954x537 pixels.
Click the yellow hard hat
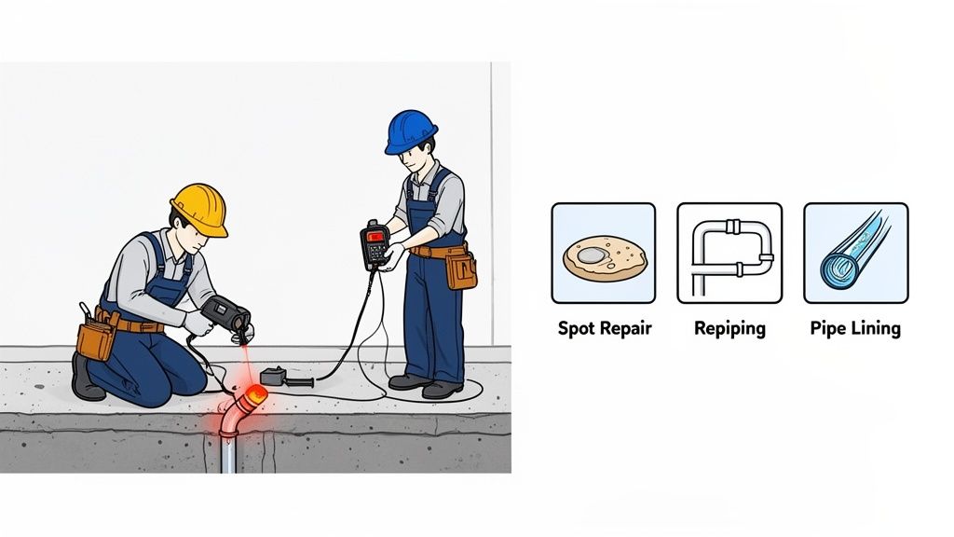point(199,208)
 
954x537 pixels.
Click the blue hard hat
point(411,131)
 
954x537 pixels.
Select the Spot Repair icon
point(603,253)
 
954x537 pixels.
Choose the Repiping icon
point(729,253)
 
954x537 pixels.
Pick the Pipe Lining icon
point(855,253)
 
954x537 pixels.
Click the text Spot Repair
point(605,328)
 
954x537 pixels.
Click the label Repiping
point(729,328)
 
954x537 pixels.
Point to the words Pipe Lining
point(855,328)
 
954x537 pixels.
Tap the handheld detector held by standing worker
point(375,245)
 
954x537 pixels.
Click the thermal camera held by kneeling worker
point(226,314)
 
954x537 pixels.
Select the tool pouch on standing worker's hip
point(460,269)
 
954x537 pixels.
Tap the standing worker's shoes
point(424,384)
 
